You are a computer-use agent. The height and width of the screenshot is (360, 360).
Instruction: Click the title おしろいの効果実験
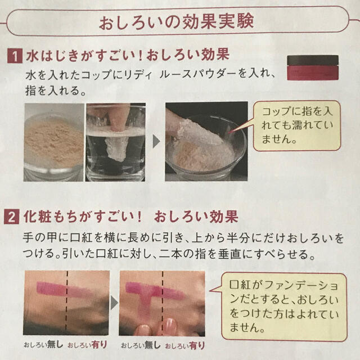point(176,22)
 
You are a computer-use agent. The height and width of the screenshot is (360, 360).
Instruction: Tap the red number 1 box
point(11,56)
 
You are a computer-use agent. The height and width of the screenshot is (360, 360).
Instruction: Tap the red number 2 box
point(11,216)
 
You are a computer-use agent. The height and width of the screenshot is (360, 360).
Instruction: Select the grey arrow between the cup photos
point(157,141)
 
